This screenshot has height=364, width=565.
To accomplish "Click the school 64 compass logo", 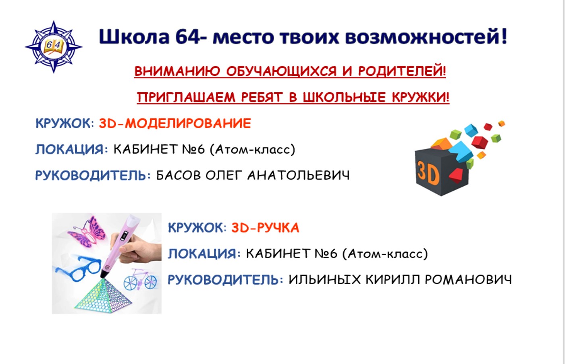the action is click(x=54, y=47).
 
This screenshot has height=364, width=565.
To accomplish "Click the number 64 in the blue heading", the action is click(x=187, y=37).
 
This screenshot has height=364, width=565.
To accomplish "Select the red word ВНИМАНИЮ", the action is click(x=177, y=71).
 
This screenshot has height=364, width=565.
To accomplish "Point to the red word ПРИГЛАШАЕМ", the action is click(x=186, y=97).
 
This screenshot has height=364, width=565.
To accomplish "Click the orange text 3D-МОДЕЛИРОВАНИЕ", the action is click(x=175, y=124).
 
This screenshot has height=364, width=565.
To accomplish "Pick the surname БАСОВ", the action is click(x=179, y=175).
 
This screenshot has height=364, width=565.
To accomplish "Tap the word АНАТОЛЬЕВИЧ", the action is click(x=299, y=175).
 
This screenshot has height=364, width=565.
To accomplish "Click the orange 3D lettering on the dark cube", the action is click(x=428, y=173).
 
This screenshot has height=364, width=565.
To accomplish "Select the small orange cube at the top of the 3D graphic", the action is click(x=501, y=124).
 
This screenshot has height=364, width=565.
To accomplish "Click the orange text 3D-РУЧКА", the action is click(x=265, y=228).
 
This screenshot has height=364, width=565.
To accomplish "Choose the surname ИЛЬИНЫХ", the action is click(x=325, y=279).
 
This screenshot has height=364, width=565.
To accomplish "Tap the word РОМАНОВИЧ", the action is click(x=468, y=279).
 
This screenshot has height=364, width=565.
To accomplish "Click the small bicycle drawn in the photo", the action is click(x=140, y=279).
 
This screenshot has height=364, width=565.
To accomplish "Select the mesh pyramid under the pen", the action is click(x=103, y=295).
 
